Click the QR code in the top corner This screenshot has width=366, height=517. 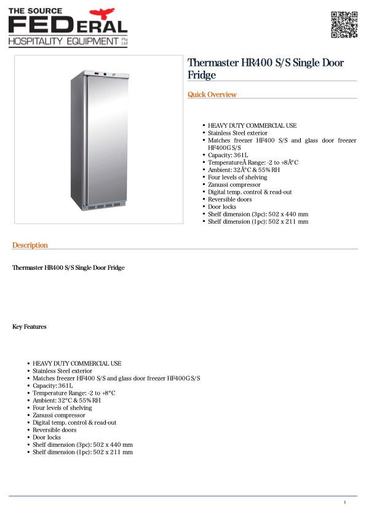pyautogui.click(x=344, y=25)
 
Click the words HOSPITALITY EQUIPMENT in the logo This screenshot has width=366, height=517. pyautogui.click(x=63, y=41)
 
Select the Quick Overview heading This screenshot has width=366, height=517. pyautogui.click(x=212, y=95)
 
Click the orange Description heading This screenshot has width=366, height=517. pyautogui.click(x=30, y=245)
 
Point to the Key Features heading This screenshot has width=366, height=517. pyautogui.click(x=30, y=326)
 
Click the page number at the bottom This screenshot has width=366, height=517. pyautogui.click(x=345, y=503)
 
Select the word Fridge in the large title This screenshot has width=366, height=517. pyautogui.click(x=202, y=75)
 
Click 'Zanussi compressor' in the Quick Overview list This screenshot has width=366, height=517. pyautogui.click(x=234, y=184)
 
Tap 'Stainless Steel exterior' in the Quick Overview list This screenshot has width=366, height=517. pyautogui.click(x=237, y=133)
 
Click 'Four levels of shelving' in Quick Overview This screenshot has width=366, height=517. pyautogui.click(x=237, y=177)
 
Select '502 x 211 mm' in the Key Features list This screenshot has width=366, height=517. pyautogui.click(x=114, y=452)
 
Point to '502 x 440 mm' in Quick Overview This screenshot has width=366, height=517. pyautogui.click(x=288, y=214)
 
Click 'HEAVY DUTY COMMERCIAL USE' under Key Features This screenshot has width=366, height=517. pyautogui.click(x=77, y=363)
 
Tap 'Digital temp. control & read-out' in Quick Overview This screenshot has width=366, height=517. pyautogui.click(x=250, y=192)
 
